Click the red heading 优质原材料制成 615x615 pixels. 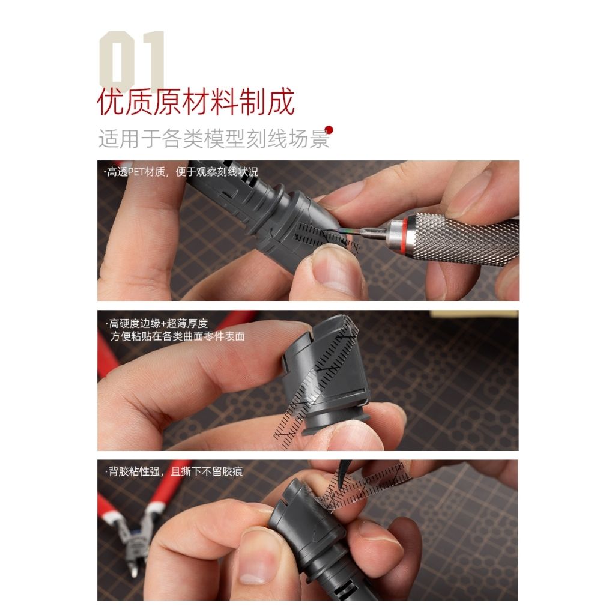click(196, 103)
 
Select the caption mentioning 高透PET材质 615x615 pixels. click(180, 172)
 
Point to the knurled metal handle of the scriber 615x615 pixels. click(468, 238)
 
